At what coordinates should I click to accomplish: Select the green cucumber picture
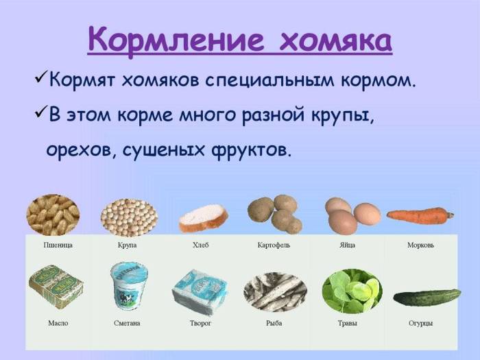[427, 298]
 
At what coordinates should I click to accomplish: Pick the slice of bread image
[203, 218]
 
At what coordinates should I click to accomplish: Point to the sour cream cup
[129, 285]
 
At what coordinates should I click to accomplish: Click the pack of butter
[56, 286]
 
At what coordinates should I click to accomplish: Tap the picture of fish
[274, 292]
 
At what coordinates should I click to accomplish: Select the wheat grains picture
[53, 215]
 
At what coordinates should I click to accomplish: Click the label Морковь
[420, 245]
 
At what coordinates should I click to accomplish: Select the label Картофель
[274, 245]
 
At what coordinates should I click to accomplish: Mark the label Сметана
[127, 323]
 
